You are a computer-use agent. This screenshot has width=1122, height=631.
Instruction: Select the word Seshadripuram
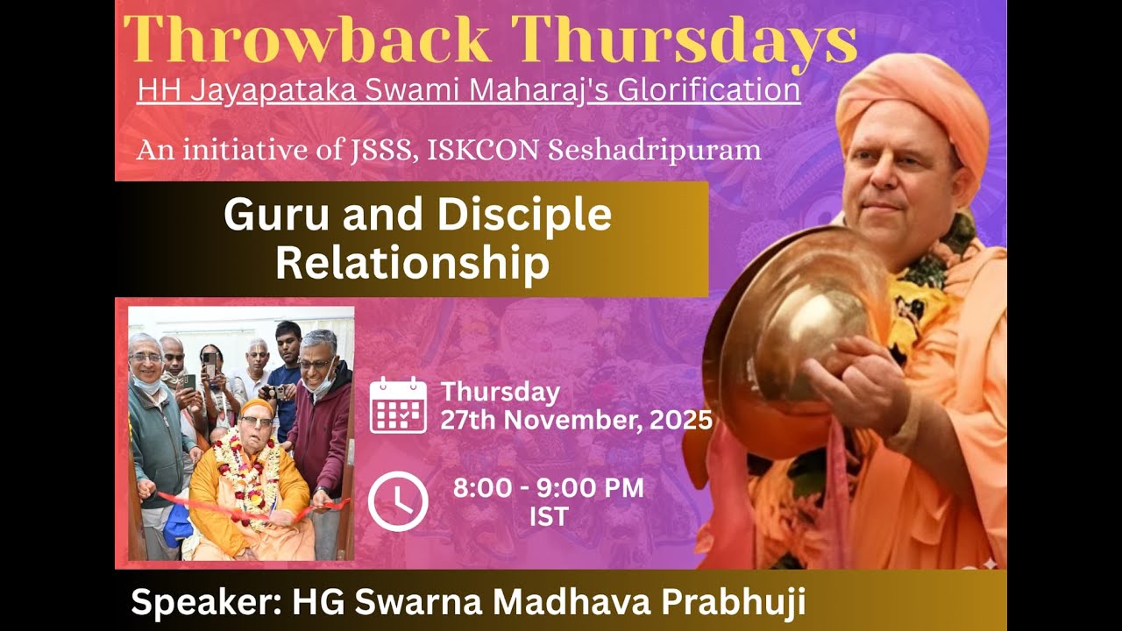pos(654,150)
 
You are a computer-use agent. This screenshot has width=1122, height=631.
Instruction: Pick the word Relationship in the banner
pos(412,263)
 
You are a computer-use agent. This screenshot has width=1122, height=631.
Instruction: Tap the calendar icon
pos(398,405)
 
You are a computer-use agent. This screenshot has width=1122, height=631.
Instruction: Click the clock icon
pos(398,501)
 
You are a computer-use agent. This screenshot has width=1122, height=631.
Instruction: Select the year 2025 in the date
pos(681,421)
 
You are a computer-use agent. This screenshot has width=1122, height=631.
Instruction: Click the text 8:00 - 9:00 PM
pos(548,488)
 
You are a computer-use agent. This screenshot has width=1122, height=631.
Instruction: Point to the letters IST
pos(548,517)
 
